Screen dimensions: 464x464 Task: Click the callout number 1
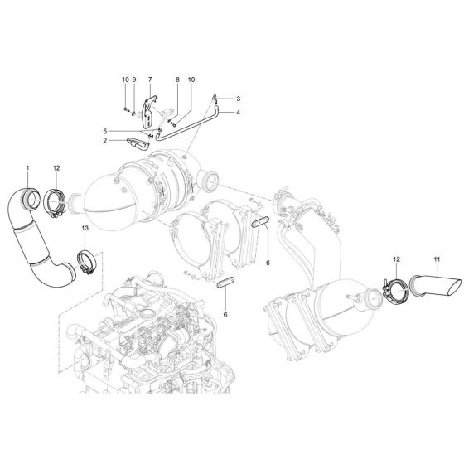pos(27,169)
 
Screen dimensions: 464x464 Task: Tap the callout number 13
pos(85,227)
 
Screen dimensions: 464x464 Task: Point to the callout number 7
pos(149,80)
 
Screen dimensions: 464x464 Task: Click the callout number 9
pos(133,80)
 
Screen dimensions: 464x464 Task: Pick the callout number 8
pos(176,80)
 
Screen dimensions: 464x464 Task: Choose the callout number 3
pos(237,99)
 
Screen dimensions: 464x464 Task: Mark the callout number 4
pos(237,111)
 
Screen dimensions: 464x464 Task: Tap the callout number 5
pos(105,131)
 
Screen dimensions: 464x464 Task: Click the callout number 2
pos(105,141)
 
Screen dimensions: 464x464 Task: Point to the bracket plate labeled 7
pos(148,114)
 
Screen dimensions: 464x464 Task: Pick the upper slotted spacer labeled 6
pos(258,223)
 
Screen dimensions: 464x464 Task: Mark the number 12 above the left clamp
pos(56,169)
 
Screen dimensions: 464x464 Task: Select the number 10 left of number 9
pos(125,80)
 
